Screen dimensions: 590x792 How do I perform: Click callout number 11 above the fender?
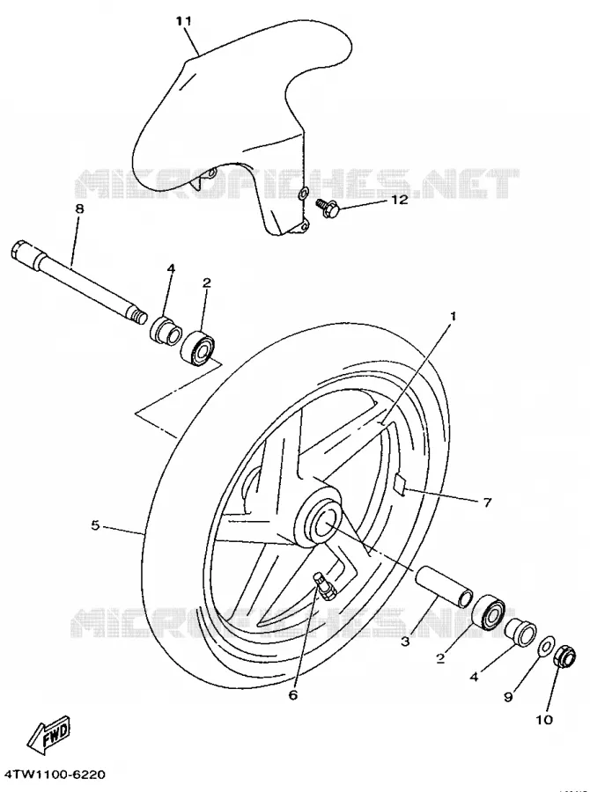point(183,21)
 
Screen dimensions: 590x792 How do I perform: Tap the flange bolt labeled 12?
point(330,208)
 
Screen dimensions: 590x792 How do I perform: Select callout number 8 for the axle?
point(79,208)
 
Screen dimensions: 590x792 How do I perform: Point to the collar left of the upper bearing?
point(166,330)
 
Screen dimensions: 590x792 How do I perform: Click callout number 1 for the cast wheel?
point(453,316)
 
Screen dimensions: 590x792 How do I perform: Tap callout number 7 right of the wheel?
point(487,502)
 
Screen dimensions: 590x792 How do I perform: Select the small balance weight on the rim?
point(400,486)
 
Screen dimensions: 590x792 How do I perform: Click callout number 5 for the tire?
point(96,525)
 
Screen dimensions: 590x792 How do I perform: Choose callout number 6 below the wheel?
point(293,695)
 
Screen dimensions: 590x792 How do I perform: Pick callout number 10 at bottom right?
point(544,719)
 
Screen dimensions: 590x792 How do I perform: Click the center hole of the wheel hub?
point(322,524)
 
